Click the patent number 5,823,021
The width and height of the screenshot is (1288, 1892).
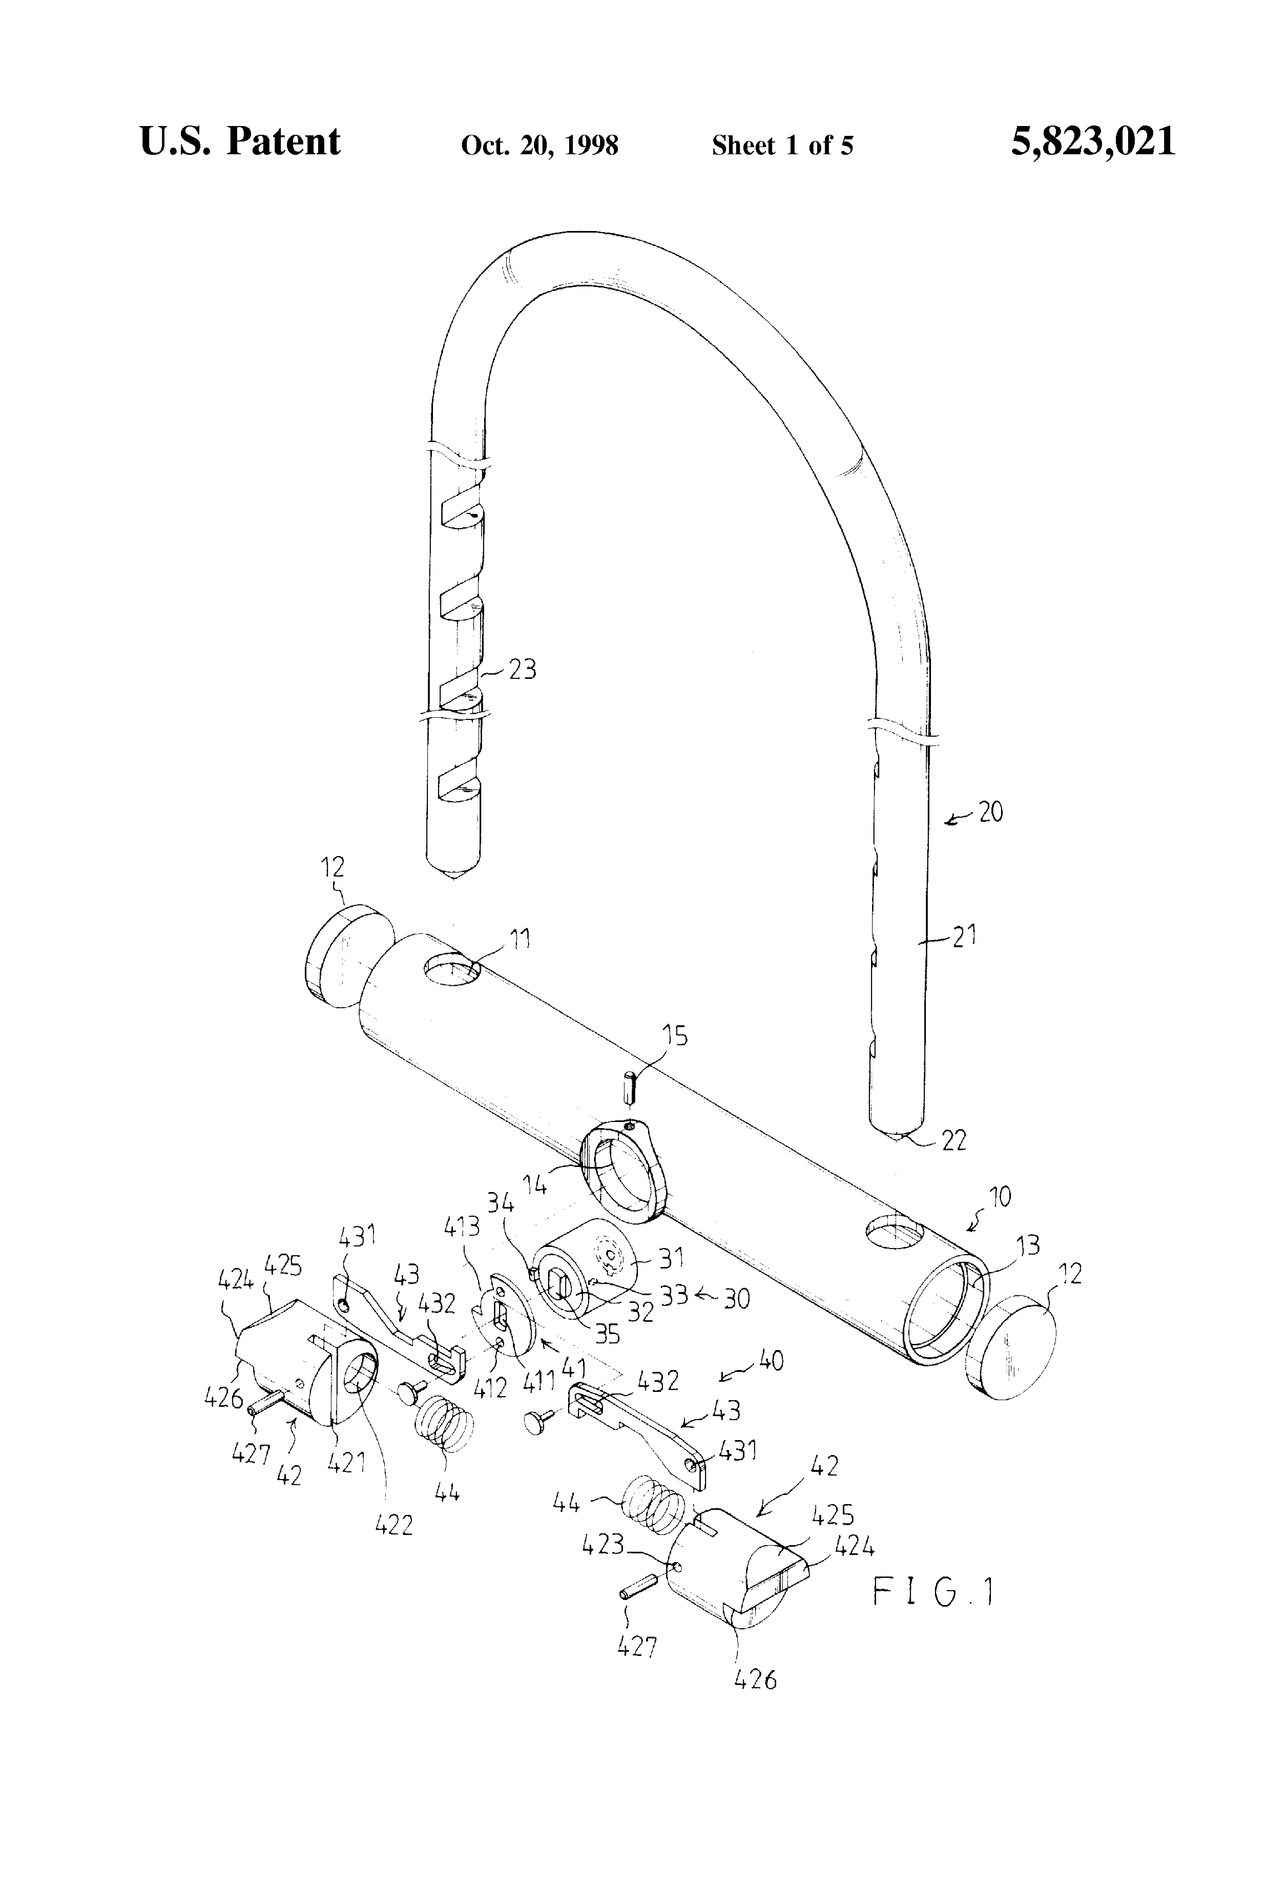click(x=1093, y=142)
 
